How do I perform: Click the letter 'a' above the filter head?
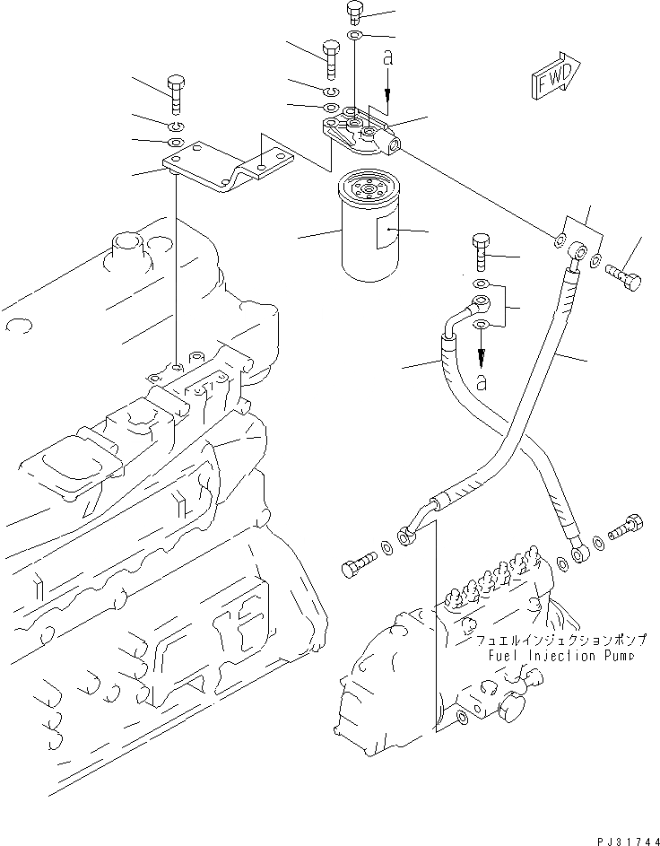(387, 59)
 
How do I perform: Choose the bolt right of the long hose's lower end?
(625, 528)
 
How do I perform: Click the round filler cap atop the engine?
(123, 247)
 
